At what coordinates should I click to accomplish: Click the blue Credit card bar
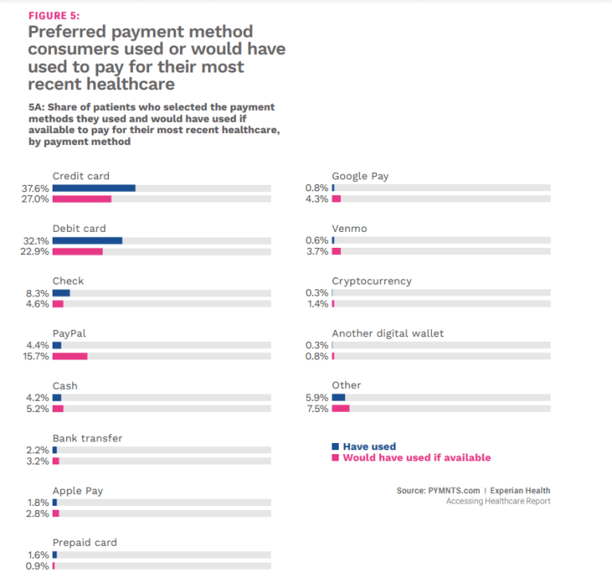[94, 188]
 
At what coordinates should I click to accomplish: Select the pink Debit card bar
[77, 252]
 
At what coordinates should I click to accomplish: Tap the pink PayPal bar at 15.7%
[70, 356]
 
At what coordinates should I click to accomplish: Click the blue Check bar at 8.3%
[61, 293]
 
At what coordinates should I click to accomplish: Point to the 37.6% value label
[37, 188]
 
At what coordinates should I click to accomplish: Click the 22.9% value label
[37, 252]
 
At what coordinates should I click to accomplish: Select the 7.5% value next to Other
[317, 409]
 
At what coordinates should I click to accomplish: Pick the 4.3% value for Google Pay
[317, 199]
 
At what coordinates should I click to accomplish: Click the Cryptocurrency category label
[371, 281]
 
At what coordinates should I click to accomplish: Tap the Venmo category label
[349, 229]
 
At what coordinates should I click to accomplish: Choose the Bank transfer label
[87, 438]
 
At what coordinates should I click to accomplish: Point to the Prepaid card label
[84, 543]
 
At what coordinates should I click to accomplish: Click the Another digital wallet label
[387, 333]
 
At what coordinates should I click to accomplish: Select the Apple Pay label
[77, 491]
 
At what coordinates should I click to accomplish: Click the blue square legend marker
[335, 447]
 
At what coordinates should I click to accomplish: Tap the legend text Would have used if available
[417, 458]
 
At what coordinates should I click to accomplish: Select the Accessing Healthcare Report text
[498, 501]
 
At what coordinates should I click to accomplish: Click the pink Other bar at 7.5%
[340, 409]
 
